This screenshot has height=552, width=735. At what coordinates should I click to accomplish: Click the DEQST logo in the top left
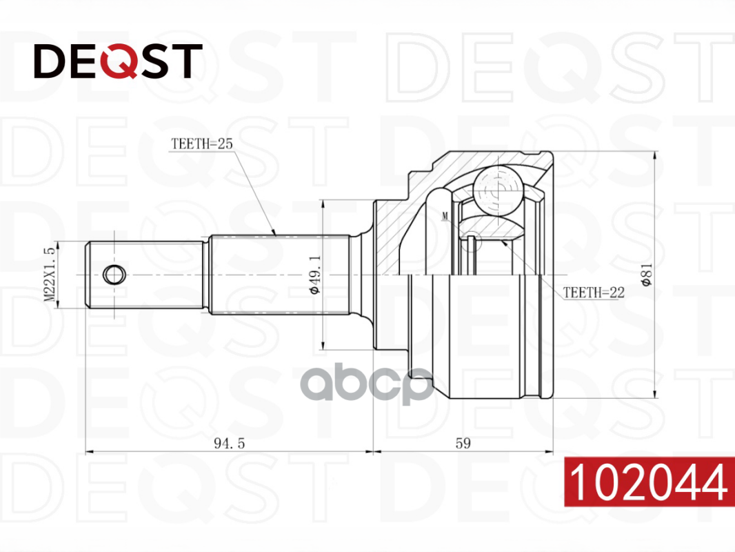pos(118,61)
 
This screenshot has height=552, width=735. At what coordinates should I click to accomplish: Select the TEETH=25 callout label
pos(201,144)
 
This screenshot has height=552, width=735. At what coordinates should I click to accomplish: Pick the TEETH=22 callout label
pos(594,292)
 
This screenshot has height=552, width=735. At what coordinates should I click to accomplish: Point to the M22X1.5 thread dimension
pos(50,275)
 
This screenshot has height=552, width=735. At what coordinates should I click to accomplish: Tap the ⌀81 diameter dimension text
pos(647,275)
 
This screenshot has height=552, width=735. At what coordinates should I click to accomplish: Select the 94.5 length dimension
pos(229,443)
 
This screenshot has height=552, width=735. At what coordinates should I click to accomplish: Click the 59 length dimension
pos(463,443)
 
